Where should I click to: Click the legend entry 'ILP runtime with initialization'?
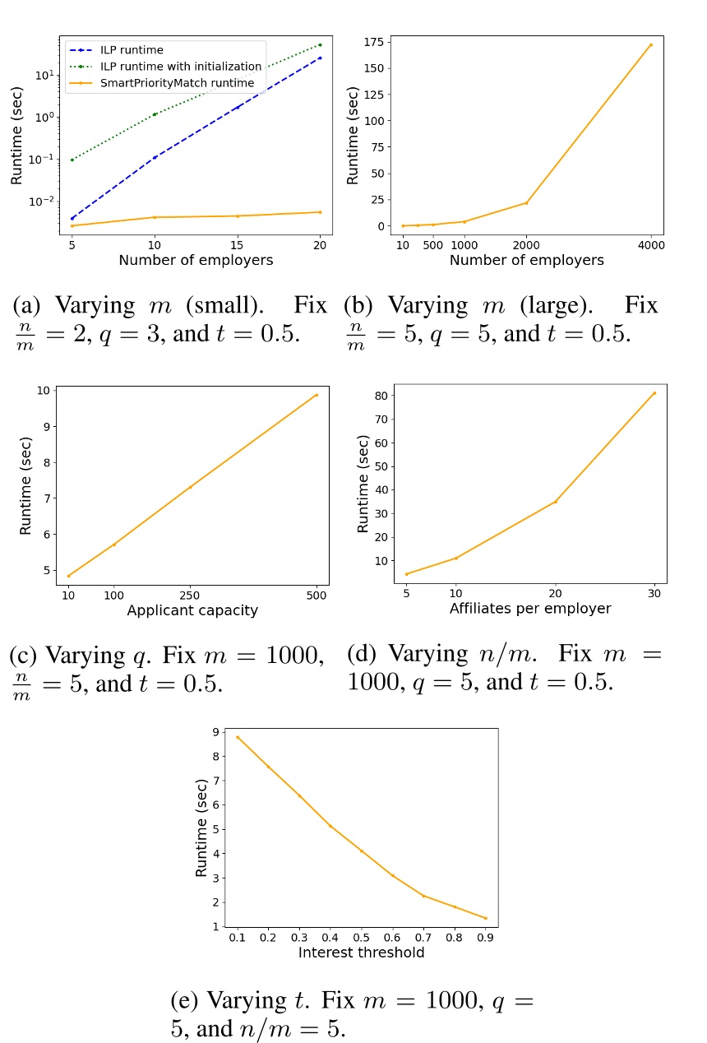coord(187,67)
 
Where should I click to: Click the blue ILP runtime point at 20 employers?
coord(320,58)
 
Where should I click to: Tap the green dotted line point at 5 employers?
coord(72,160)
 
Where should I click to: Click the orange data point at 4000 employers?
coord(651,45)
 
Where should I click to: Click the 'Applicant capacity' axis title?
coord(192,610)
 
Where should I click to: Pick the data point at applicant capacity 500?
coord(317,395)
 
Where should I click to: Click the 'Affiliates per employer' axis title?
coord(530,609)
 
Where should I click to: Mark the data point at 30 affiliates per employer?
coord(654,393)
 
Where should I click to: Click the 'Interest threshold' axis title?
coord(361,953)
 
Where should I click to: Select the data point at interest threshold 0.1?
coord(238,737)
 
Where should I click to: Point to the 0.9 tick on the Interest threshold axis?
coord(485,937)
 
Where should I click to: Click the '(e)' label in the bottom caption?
coord(184,1002)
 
